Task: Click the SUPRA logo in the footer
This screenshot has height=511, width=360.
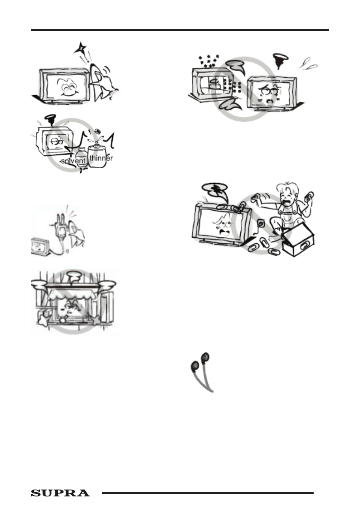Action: click(60, 493)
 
